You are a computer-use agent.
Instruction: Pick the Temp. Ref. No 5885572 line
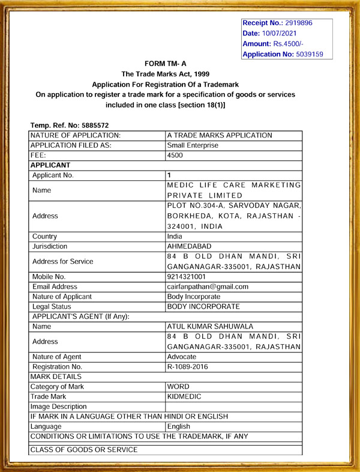pyautogui.click(x=69, y=125)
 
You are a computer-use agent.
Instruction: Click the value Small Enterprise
pyautogui.click(x=193, y=145)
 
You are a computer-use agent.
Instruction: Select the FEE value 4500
pyautogui.click(x=175, y=155)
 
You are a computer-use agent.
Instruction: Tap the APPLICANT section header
pyautogui.click(x=50, y=165)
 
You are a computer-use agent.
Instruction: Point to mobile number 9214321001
pyautogui.click(x=187, y=277)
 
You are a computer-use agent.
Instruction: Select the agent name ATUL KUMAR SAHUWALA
pyautogui.click(x=210, y=327)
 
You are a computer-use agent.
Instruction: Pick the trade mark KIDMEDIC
pyautogui.click(x=185, y=396)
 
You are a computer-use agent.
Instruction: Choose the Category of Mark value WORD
pyautogui.click(x=178, y=387)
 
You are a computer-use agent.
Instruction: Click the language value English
pyautogui.click(x=179, y=426)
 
